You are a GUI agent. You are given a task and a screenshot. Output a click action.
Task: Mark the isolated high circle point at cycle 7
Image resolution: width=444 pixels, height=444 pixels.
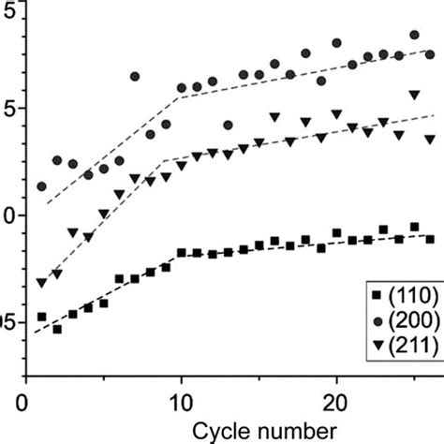(x=135, y=77)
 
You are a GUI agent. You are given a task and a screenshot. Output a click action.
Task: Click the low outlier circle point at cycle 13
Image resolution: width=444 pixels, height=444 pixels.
(x=228, y=125)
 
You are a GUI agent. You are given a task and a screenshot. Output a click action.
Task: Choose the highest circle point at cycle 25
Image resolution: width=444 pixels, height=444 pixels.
(x=414, y=36)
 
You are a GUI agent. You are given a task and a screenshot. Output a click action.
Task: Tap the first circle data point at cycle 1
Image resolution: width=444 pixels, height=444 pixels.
(x=41, y=186)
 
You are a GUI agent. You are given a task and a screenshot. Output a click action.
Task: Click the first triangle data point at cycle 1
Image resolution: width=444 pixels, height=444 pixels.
(x=41, y=282)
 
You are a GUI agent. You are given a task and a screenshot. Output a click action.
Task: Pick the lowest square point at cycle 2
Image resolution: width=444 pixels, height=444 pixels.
(x=57, y=329)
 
